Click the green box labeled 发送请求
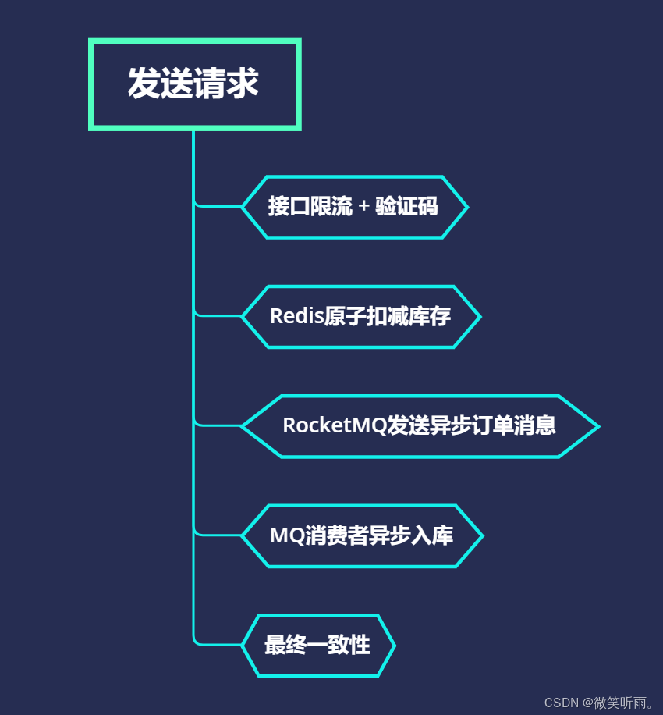(194, 84)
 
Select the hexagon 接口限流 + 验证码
(354, 207)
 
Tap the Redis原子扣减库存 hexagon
(360, 316)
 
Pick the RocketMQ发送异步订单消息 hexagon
(420, 425)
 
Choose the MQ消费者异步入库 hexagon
(362, 535)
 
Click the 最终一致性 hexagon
(317, 646)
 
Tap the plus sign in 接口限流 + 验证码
(364, 208)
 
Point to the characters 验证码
(406, 207)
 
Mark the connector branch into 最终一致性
(218, 645)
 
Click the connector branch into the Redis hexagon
(218, 315)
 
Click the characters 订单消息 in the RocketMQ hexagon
(520, 425)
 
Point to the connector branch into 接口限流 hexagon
(218, 206)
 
